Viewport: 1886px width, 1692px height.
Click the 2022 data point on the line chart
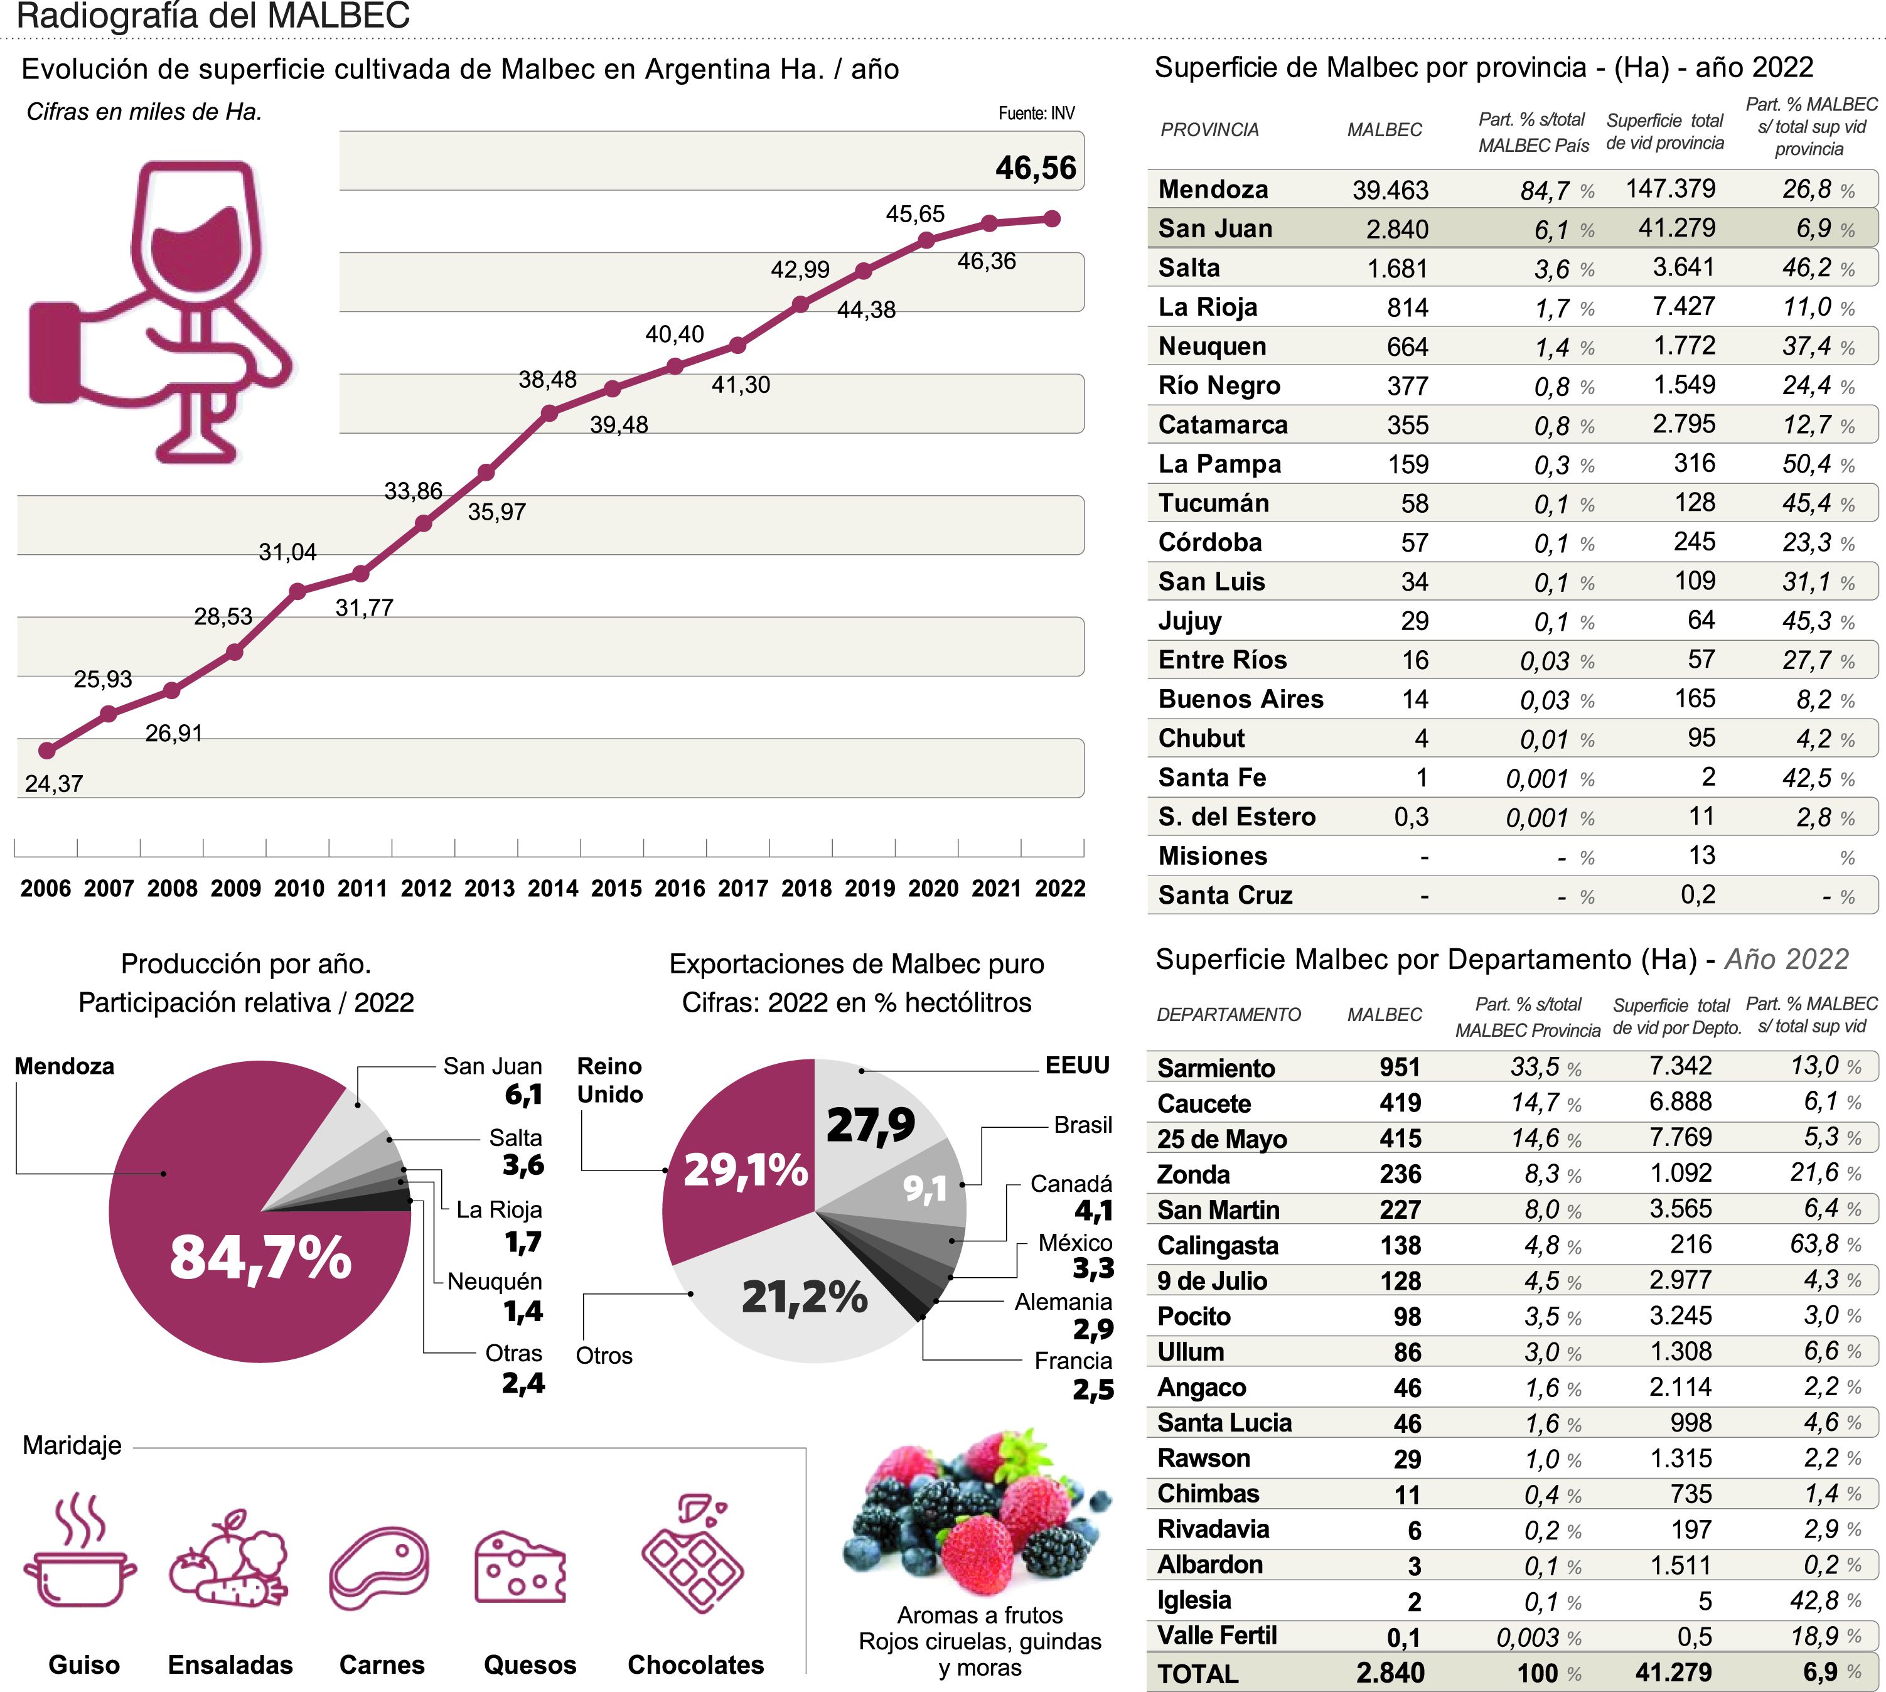click(1051, 218)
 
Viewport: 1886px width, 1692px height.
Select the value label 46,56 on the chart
click(1036, 168)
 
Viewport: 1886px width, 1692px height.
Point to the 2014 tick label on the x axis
click(553, 889)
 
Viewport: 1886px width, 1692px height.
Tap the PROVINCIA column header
click(1209, 130)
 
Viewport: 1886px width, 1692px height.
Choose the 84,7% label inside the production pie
click(260, 1257)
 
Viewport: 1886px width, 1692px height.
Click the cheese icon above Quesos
click(520, 1568)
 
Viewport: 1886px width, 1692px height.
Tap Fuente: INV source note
click(1036, 114)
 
